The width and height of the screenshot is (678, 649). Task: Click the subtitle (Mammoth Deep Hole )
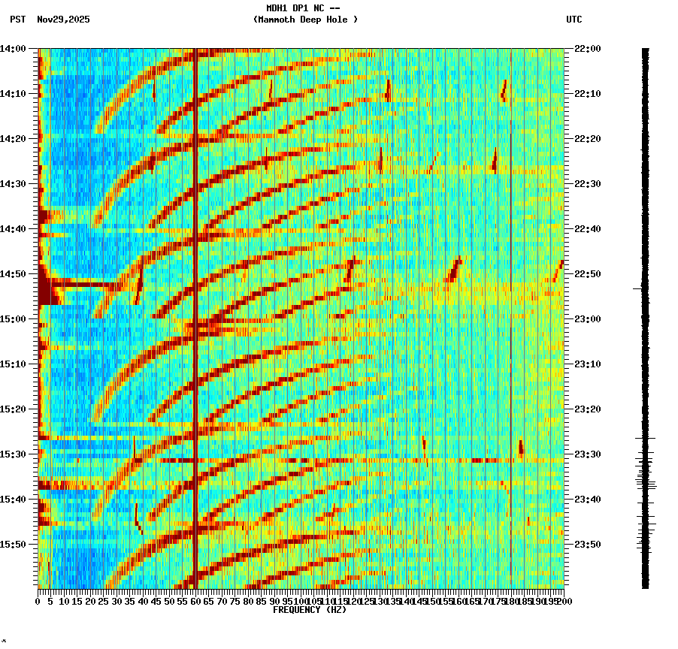click(305, 20)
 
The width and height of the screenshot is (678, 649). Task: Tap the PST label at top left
click(17, 20)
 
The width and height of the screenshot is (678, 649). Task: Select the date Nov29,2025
click(63, 20)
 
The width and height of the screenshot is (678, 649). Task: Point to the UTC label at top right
click(574, 20)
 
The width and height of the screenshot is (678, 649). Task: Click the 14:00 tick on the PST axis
click(13, 49)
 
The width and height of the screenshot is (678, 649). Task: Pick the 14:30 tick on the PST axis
click(13, 184)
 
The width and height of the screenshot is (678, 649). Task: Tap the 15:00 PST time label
click(13, 319)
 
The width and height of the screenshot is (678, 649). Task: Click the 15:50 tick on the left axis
click(13, 545)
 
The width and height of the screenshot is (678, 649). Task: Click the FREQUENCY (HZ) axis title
click(310, 610)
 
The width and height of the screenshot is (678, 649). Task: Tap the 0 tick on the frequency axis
click(38, 601)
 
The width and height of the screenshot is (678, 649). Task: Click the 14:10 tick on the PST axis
click(13, 94)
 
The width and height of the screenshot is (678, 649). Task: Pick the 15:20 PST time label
click(13, 409)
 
